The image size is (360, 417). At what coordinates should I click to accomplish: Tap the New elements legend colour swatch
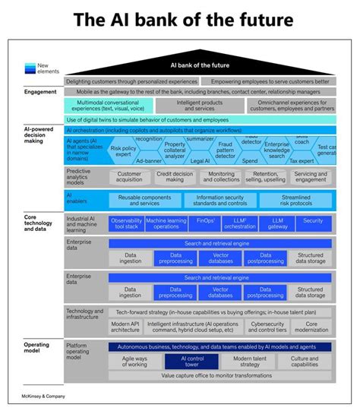(30, 67)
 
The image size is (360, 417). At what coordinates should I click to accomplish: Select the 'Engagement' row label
(40, 92)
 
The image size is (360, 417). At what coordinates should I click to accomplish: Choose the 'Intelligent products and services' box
(200, 106)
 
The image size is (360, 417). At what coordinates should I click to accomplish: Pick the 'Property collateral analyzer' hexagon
(175, 149)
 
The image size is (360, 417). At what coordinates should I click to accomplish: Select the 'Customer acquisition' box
(129, 177)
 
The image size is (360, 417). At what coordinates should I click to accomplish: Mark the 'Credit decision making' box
(175, 177)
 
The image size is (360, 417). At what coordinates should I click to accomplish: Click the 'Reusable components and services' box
(145, 201)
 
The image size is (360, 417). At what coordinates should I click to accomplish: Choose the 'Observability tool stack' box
(126, 224)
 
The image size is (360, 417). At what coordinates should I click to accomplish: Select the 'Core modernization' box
(311, 327)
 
